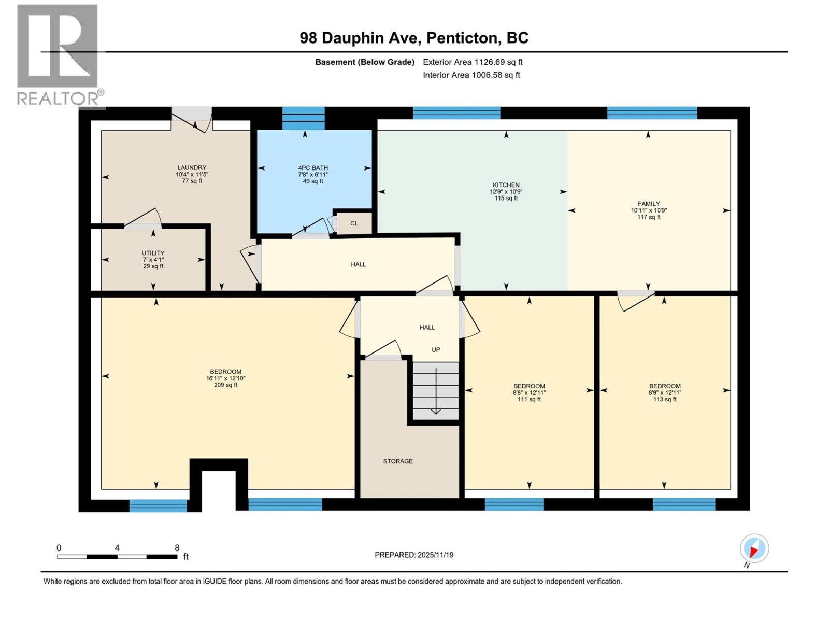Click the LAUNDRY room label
pyautogui.click(x=192, y=168)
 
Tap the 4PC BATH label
pyautogui.click(x=313, y=168)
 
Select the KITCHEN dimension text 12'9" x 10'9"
pyautogui.click(x=506, y=192)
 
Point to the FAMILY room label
pyautogui.click(x=649, y=204)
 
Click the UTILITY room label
pyautogui.click(x=153, y=253)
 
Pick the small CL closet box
pyautogui.click(x=354, y=223)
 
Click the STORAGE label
pyautogui.click(x=398, y=461)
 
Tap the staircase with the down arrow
pyautogui.click(x=436, y=390)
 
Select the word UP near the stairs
pyautogui.click(x=436, y=350)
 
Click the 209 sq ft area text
pyautogui.click(x=225, y=385)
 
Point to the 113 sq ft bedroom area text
pyautogui.click(x=665, y=400)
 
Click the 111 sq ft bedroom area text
pyautogui.click(x=529, y=400)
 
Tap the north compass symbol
pyautogui.click(x=754, y=548)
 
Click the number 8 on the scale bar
pyautogui.click(x=177, y=548)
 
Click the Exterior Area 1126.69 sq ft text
pyautogui.click(x=472, y=62)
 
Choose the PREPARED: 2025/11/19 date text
pyautogui.click(x=414, y=555)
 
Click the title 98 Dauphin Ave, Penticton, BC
pyautogui.click(x=414, y=38)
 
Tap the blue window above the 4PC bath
pyautogui.click(x=303, y=118)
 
